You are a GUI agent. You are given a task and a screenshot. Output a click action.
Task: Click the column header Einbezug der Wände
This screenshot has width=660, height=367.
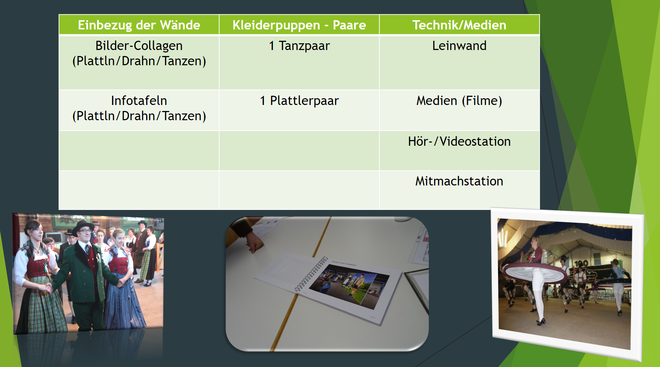tap(139, 25)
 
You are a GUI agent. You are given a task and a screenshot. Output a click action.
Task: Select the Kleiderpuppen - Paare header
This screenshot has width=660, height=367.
tap(299, 25)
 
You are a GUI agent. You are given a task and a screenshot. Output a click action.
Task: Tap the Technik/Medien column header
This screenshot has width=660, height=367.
tap(459, 25)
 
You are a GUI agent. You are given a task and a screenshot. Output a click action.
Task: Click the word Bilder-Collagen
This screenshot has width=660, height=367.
tap(139, 46)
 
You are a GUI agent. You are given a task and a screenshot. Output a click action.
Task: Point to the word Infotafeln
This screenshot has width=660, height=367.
tap(139, 101)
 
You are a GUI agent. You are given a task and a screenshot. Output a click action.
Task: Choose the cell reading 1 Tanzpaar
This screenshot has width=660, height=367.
tap(299, 46)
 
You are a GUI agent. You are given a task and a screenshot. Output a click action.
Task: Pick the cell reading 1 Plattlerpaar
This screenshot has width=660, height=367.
tap(299, 101)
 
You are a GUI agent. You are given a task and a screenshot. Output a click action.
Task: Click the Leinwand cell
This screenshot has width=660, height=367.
tap(459, 46)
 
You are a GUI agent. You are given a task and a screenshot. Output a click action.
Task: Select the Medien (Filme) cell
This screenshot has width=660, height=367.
tap(459, 101)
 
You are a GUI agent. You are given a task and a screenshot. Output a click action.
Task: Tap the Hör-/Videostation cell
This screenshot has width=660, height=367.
tap(459, 141)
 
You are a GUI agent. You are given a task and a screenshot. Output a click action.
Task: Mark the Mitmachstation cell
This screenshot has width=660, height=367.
tap(459, 181)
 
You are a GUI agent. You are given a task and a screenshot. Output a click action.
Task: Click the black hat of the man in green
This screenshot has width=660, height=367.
tap(83, 227)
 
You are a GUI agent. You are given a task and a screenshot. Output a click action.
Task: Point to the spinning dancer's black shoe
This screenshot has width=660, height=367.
tap(541, 322)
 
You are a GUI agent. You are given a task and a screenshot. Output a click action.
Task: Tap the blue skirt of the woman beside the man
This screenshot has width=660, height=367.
tap(124, 301)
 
